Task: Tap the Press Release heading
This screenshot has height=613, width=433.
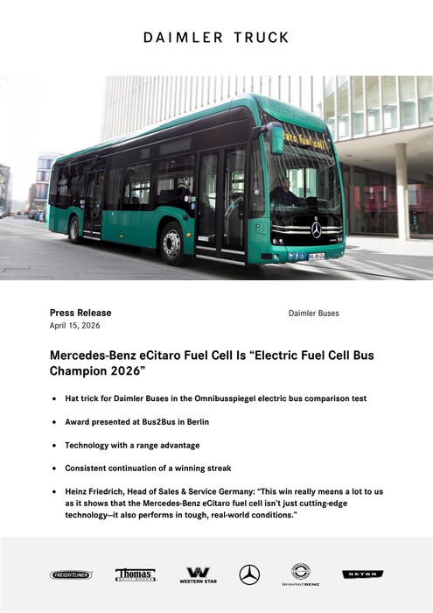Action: pos(80,313)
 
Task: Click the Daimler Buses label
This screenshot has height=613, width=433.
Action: pos(313,313)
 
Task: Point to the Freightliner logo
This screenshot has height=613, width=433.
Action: pos(71,575)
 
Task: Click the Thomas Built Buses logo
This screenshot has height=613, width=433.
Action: pos(136,574)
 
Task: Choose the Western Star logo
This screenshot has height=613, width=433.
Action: pos(198,575)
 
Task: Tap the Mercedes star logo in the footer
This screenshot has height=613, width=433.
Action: pos(249,574)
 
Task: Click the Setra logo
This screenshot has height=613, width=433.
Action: pos(362,574)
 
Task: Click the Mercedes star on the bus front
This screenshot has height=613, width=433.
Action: pos(316,229)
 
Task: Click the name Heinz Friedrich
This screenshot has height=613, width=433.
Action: pos(97,492)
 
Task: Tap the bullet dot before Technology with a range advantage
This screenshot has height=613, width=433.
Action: pos(55,446)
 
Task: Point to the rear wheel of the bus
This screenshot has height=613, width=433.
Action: pos(76,229)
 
